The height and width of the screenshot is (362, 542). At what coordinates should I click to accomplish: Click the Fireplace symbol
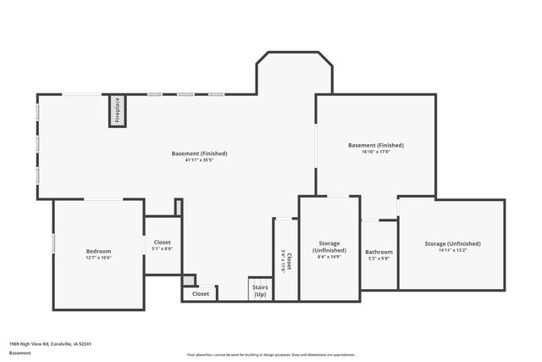(119, 111)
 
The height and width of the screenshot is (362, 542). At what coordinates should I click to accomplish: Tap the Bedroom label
(98, 251)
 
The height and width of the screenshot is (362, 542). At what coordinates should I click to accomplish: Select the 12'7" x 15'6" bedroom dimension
(98, 258)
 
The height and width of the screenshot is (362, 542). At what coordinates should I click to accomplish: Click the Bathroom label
(379, 252)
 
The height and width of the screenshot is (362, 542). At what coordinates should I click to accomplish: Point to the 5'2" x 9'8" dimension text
(379, 259)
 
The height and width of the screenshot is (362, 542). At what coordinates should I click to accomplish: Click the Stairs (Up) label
(260, 291)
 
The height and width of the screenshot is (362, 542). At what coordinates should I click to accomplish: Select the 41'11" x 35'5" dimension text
(200, 160)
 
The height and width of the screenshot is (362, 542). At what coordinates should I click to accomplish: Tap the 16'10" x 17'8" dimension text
(376, 152)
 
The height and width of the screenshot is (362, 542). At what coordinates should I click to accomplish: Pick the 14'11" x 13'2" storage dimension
(453, 251)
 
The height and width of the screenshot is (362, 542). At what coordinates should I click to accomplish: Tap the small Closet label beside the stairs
(201, 293)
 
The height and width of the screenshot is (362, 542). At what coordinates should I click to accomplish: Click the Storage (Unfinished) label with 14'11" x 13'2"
(453, 244)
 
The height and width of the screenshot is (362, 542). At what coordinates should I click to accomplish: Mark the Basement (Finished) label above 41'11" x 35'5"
(200, 153)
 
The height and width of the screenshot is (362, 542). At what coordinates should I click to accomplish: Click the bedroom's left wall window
(53, 243)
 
